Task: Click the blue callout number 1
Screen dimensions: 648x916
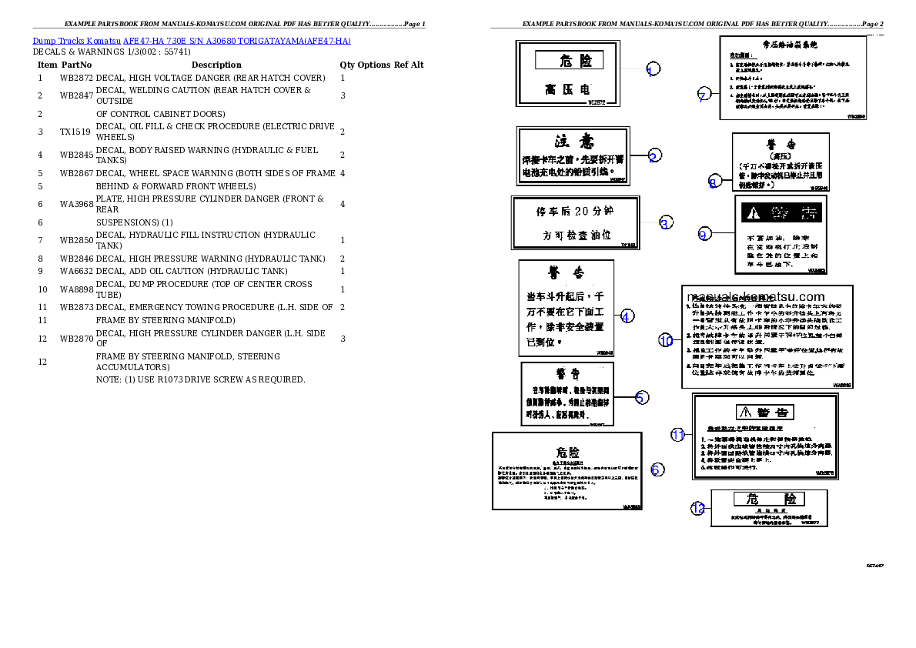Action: click(652, 70)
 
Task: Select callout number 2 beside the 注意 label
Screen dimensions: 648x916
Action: click(654, 156)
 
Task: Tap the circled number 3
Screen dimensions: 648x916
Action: click(666, 223)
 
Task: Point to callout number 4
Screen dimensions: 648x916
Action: click(627, 316)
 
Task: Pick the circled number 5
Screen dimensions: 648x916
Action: click(641, 398)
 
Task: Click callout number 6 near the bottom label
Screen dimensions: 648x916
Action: click(657, 469)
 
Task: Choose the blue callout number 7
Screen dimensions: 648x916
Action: click(702, 95)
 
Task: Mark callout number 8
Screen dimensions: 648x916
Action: click(714, 182)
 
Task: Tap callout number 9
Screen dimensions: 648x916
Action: click(704, 235)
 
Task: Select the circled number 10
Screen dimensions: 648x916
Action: click(666, 341)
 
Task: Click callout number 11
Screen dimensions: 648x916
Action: click(677, 435)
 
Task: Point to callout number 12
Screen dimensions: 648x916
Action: click(697, 509)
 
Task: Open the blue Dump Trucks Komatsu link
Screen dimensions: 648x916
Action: click(192, 41)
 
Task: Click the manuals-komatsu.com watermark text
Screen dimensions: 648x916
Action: click(756, 297)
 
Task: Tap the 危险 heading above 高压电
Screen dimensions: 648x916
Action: click(569, 60)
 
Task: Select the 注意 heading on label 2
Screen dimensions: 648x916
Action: click(574, 142)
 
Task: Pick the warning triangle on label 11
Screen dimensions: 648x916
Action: click(744, 412)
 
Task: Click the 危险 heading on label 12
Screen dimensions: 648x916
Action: click(769, 499)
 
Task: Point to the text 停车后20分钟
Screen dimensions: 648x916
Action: click(575, 211)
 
